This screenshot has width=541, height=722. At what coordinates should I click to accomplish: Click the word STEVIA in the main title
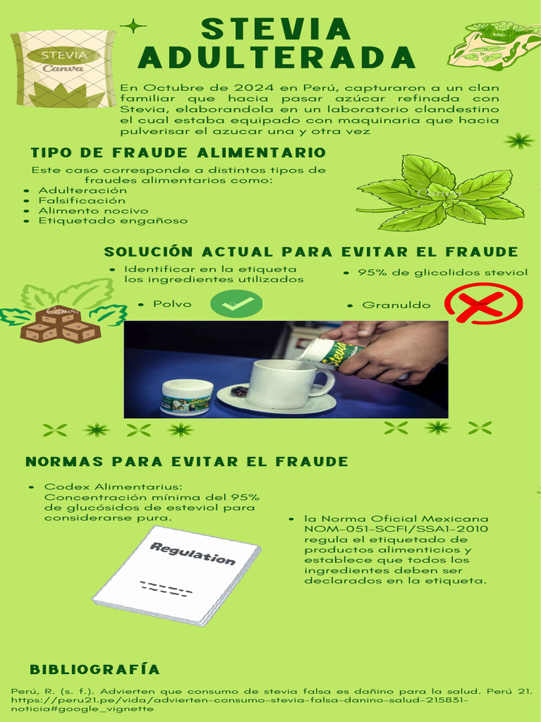[276, 30]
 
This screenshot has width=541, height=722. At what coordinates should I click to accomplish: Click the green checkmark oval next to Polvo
[236, 305]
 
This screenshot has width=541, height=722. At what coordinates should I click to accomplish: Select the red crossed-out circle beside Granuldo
[483, 303]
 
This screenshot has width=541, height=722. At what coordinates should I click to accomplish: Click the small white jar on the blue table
[187, 396]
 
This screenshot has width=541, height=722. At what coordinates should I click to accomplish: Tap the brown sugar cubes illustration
[61, 324]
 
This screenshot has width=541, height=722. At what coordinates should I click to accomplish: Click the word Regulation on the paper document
[192, 553]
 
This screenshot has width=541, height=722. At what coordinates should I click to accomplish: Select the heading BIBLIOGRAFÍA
[94, 669]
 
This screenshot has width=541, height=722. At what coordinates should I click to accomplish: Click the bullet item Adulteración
[82, 190]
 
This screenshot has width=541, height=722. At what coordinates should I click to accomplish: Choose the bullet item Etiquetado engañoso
[113, 221]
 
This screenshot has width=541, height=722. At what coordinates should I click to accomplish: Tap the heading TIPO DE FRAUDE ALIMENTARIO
[178, 153]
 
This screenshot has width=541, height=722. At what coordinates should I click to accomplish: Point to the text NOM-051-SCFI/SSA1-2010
[396, 529]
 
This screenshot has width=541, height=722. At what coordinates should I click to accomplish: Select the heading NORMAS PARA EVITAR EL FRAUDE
[187, 462]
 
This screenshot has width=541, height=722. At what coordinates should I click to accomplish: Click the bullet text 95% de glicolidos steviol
[442, 273]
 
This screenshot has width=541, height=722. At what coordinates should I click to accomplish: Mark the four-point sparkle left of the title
[132, 26]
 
